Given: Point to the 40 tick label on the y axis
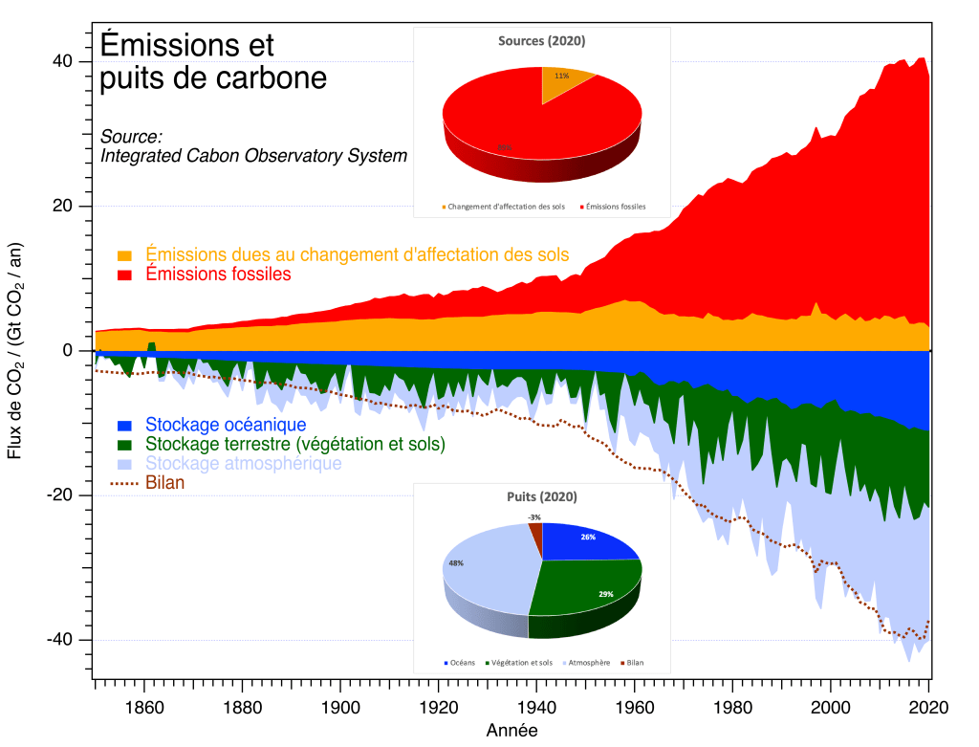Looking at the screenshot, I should pos(62,61).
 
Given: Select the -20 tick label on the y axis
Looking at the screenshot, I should pos(58,495).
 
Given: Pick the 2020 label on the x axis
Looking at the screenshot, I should pos(927,709).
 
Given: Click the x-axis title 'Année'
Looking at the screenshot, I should pos(511,731).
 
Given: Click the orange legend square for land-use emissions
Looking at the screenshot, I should pos(124,255).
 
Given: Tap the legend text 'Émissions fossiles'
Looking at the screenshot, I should pos(218,275).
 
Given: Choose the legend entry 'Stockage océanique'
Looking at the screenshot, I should pos(226,425).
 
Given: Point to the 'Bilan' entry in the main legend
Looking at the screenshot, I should pos(165,483).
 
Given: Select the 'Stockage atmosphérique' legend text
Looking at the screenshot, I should pos(244,464).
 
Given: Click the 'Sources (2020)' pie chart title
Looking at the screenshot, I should pos(541,41).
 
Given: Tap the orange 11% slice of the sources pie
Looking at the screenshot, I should pos(564,80).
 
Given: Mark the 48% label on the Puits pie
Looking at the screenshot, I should pos(455,564).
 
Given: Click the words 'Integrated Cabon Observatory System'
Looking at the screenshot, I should pos(254,155).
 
